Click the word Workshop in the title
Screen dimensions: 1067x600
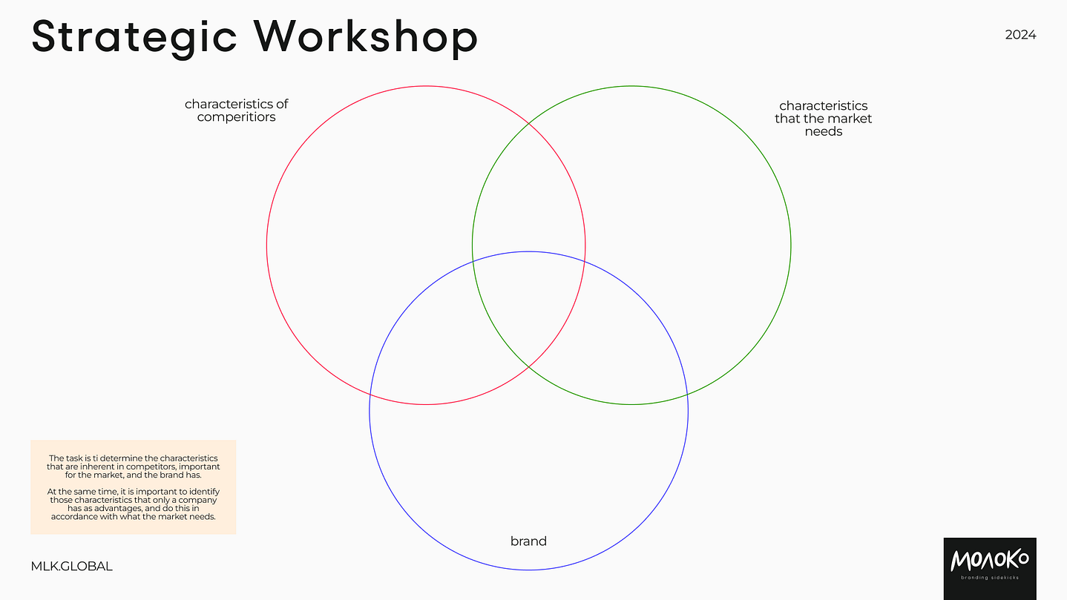pyautogui.click(x=365, y=36)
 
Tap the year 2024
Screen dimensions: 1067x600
pyautogui.click(x=1020, y=35)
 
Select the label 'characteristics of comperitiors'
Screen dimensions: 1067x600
pyautogui.click(x=236, y=111)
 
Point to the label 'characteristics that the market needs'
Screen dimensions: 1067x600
pyautogui.click(x=823, y=119)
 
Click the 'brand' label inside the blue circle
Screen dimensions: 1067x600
pyautogui.click(x=528, y=541)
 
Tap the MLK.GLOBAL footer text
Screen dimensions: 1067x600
pyautogui.click(x=72, y=567)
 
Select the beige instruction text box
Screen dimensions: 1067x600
pyautogui.click(x=134, y=487)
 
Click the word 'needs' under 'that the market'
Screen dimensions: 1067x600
pyautogui.click(x=824, y=132)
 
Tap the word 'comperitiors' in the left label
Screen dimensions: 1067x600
pyautogui.click(x=236, y=117)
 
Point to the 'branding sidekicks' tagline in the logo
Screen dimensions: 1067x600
pyautogui.click(x=989, y=578)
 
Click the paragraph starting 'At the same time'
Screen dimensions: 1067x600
pyautogui.click(x=134, y=504)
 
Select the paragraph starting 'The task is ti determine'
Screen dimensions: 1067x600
pyautogui.click(x=134, y=467)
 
